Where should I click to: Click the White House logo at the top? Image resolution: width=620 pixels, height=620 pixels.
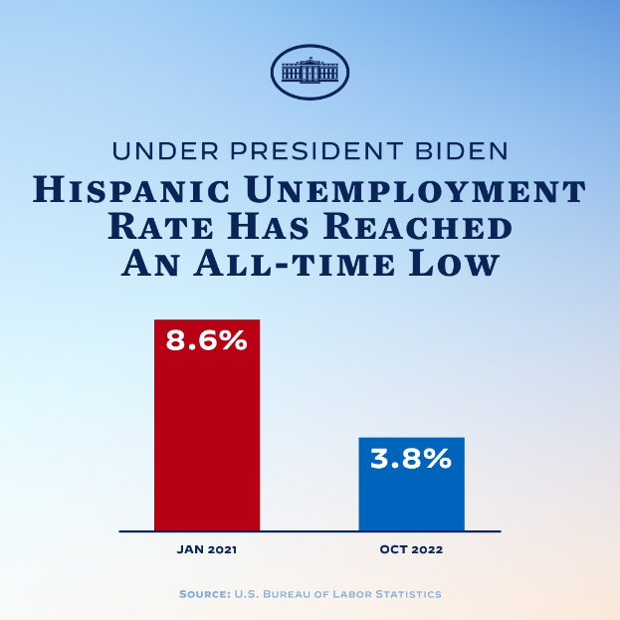pyautogui.click(x=310, y=72)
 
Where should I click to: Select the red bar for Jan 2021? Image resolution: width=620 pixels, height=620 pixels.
pyautogui.click(x=206, y=438)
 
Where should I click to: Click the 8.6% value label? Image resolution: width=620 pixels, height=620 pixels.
pyautogui.click(x=206, y=340)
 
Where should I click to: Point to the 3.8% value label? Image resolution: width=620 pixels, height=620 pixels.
pyautogui.click(x=411, y=459)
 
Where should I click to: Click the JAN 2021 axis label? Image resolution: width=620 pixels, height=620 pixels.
pyautogui.click(x=206, y=549)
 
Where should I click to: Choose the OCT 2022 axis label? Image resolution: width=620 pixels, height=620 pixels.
pyautogui.click(x=411, y=549)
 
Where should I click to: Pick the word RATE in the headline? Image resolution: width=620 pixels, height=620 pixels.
pyautogui.click(x=150, y=227)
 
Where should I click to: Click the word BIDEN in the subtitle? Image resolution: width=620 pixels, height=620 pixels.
pyautogui.click(x=467, y=152)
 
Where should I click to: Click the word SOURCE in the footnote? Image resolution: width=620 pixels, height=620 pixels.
pyautogui.click(x=204, y=594)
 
